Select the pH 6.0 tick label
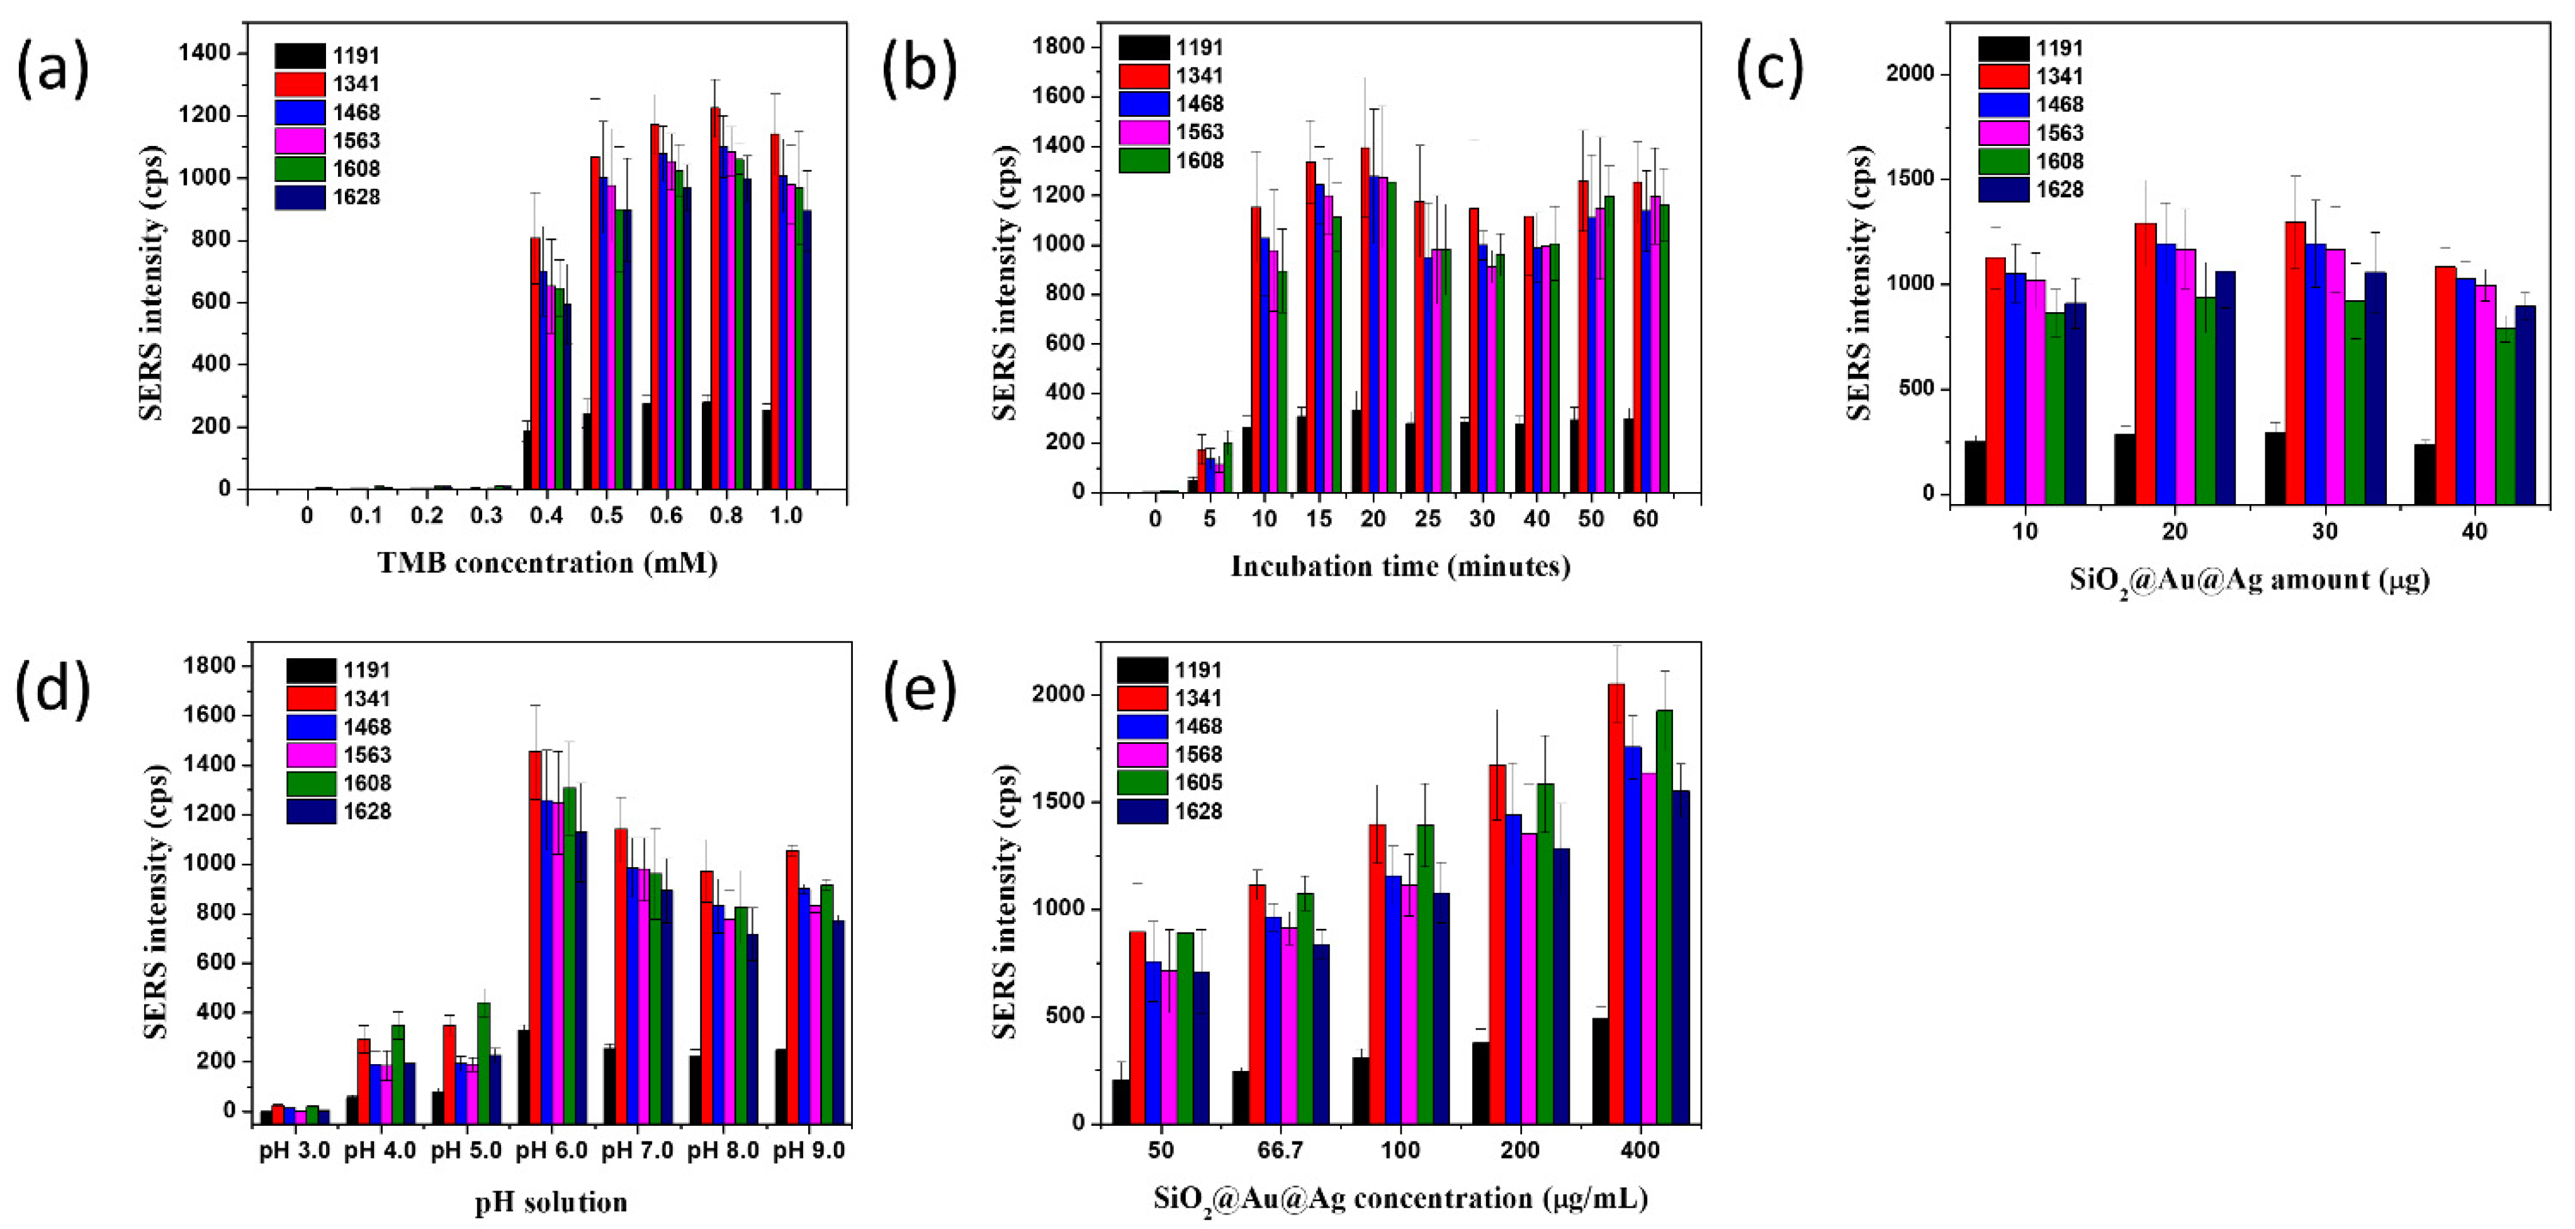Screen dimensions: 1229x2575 [552, 1150]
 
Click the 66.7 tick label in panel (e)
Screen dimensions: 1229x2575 [1280, 1150]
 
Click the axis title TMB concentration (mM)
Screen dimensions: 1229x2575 [548, 564]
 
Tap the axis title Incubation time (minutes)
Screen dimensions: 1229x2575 [1399, 566]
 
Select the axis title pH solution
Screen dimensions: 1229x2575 [551, 1201]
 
